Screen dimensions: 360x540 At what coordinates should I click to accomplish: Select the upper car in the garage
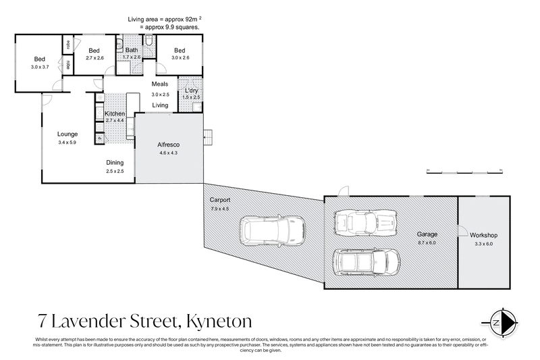click(x=367, y=222)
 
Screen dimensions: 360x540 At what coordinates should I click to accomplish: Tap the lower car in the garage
click(x=367, y=261)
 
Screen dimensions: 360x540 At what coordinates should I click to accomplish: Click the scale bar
click(x=466, y=170)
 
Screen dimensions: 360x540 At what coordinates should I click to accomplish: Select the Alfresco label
click(x=167, y=145)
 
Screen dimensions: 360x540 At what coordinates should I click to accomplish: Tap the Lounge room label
click(x=68, y=134)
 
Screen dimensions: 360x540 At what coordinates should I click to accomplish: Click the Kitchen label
click(x=115, y=113)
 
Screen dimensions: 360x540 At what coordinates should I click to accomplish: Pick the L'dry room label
click(x=191, y=90)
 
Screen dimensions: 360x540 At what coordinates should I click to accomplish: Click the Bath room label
click(x=132, y=51)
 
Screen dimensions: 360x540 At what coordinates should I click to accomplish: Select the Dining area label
click(x=115, y=163)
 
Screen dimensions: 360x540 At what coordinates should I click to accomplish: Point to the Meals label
click(x=160, y=84)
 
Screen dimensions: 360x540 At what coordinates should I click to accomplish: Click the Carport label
click(x=220, y=201)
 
